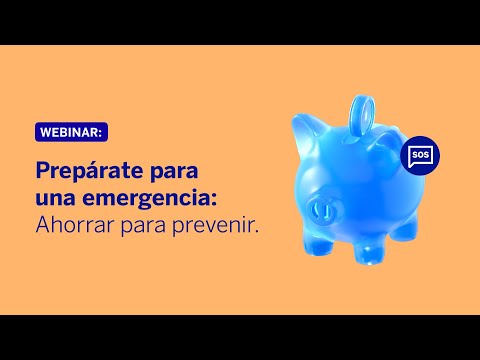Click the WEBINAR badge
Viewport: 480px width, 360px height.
74,131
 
